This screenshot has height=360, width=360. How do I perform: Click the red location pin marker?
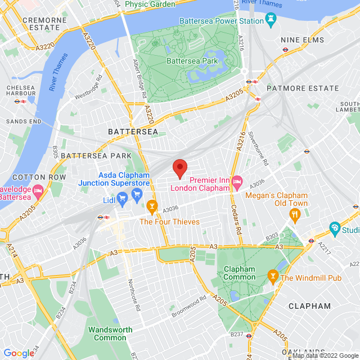tap(179, 168)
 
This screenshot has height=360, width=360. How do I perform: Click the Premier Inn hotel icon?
tap(236, 180)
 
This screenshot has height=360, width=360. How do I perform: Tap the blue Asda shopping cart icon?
tap(137, 194)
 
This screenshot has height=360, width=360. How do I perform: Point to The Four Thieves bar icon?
tap(151, 208)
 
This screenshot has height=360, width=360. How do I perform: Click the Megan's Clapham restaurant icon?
tap(294, 214)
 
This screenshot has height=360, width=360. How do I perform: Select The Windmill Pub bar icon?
tap(272, 276)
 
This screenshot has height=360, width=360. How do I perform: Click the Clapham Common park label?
tap(239, 273)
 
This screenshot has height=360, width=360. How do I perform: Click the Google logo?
tap(19, 353)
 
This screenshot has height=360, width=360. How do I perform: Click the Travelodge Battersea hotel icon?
tap(38, 191)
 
